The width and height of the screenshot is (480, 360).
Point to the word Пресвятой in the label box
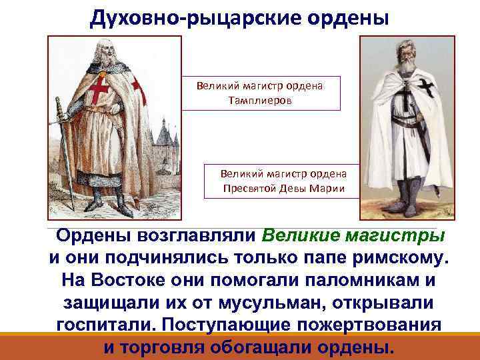pos(249,187)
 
